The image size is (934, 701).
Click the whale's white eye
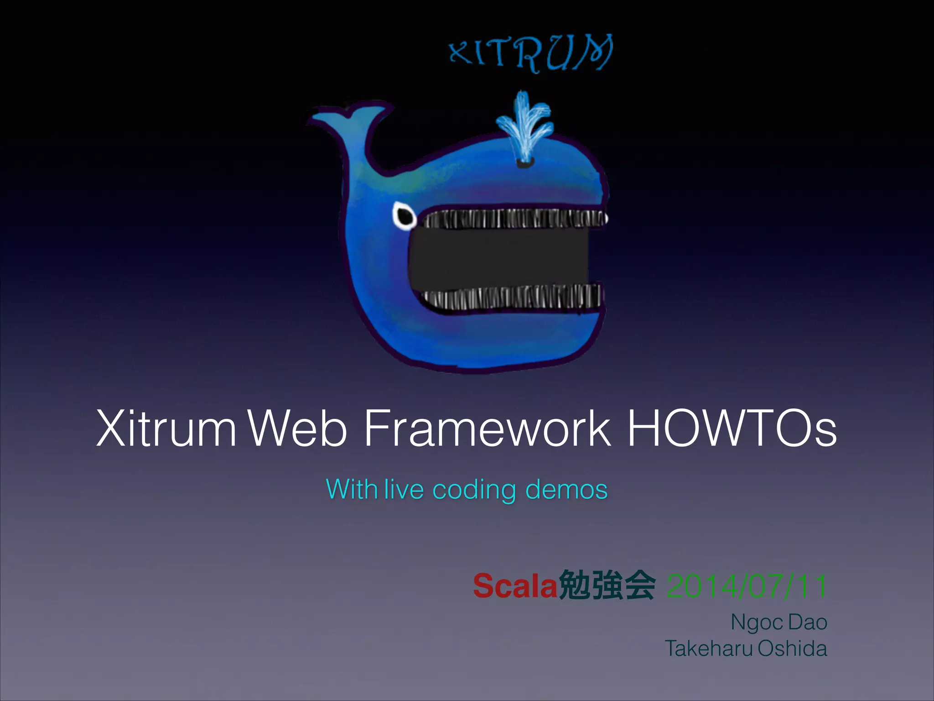coord(404,215)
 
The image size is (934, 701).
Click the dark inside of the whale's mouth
coord(502,258)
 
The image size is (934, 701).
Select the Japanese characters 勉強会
coord(607,586)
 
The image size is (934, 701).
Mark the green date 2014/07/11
coord(747,586)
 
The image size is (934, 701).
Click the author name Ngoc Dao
coord(779,623)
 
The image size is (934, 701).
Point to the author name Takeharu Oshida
coord(746,649)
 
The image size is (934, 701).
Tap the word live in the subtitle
coord(404,489)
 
